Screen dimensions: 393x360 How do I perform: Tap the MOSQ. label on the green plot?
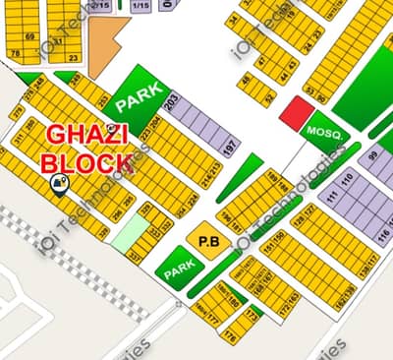321,131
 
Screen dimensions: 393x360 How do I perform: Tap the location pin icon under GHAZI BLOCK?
59,183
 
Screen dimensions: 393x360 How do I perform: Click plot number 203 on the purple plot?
172,104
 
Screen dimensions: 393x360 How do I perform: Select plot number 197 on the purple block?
230,149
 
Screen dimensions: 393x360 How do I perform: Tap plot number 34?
233,18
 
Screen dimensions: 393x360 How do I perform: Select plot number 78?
15,53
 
